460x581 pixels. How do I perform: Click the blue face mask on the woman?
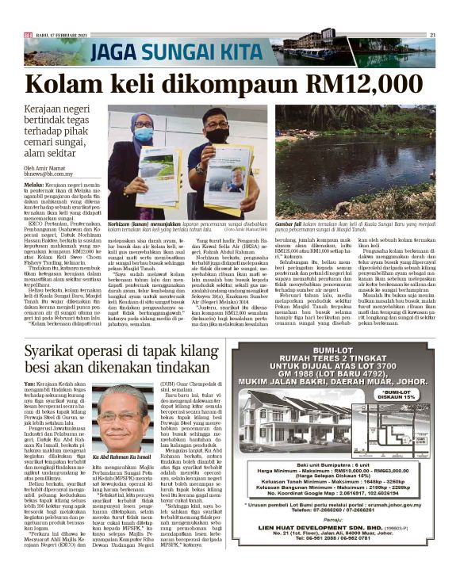[x=143, y=134]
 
